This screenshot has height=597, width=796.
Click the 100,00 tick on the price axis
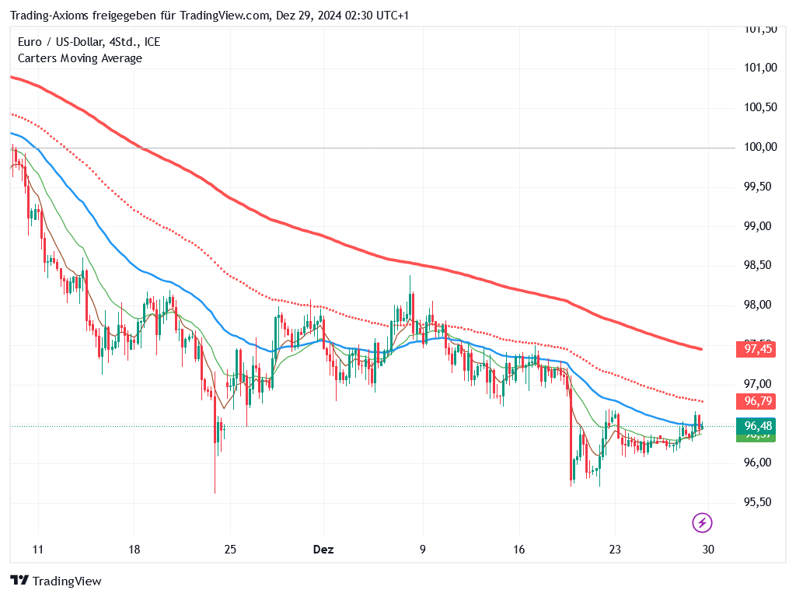tap(759, 147)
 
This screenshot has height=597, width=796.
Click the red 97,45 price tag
tap(758, 350)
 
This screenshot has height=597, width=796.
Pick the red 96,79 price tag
tap(758, 402)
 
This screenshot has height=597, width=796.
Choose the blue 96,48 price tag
tap(758, 426)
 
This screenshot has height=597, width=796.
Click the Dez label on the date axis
tap(323, 550)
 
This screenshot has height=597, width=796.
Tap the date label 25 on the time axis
tap(230, 550)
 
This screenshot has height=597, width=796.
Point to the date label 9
tap(423, 550)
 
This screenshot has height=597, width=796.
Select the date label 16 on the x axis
tap(519, 550)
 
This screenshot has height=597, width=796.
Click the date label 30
tap(708, 550)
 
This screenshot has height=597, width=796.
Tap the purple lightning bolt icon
tap(703, 522)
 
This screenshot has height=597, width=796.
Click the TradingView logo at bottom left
tap(56, 581)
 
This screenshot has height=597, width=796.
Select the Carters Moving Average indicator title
tap(79, 58)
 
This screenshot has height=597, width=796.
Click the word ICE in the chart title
tap(152, 42)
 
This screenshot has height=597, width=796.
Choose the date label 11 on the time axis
tap(38, 550)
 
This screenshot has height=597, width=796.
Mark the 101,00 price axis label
tap(759, 68)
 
